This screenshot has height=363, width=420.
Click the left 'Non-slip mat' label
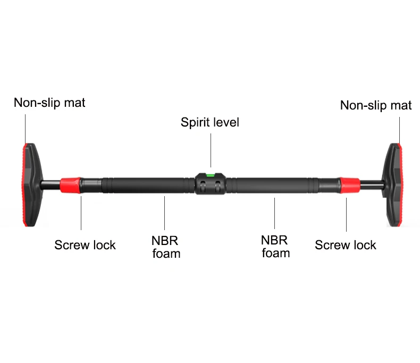[49, 103]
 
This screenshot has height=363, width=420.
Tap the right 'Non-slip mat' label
[375, 105]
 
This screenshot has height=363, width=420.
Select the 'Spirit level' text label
[210, 122]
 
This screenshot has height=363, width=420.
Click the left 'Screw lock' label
[85, 245]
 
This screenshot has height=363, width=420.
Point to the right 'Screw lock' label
[346, 245]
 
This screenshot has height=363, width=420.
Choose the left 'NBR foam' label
[166, 247]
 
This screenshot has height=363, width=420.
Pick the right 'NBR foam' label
[276, 247]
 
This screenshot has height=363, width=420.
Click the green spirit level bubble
[211, 174]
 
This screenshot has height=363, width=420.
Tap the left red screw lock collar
[70, 184]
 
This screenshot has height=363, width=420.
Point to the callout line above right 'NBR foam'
[275, 215]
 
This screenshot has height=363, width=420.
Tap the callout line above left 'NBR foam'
[165, 215]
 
